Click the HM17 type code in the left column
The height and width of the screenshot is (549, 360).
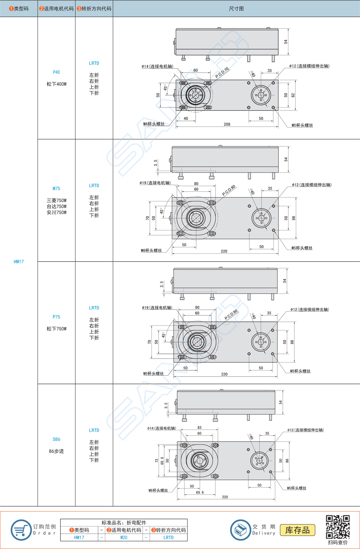(x=19, y=262)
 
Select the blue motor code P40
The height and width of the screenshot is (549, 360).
(x=56, y=72)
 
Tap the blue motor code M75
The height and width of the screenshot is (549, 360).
(x=56, y=188)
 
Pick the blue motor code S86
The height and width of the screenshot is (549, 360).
(x=56, y=439)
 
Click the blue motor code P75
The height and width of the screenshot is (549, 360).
(x=56, y=317)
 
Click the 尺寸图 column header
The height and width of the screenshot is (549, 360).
(x=236, y=8)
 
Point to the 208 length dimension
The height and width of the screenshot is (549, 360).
(x=227, y=124)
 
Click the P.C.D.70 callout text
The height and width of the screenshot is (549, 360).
(x=222, y=73)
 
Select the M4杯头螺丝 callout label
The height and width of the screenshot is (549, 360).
(x=153, y=124)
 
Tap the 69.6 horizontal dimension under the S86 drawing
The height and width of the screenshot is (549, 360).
(x=200, y=492)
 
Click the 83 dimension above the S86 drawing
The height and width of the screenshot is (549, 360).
(x=199, y=427)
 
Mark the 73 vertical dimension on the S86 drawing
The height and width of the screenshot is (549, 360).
(x=157, y=461)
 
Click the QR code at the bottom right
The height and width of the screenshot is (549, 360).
(x=337, y=527)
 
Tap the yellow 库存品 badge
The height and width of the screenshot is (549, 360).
(x=297, y=530)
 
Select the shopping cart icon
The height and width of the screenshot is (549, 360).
(x=21, y=530)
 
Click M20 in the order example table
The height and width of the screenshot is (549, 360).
(x=124, y=538)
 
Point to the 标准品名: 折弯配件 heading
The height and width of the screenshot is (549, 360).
(x=124, y=522)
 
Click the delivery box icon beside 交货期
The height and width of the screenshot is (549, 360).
(x=240, y=530)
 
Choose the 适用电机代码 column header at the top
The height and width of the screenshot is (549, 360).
(x=57, y=8)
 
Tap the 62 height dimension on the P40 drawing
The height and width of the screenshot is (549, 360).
(x=293, y=95)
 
